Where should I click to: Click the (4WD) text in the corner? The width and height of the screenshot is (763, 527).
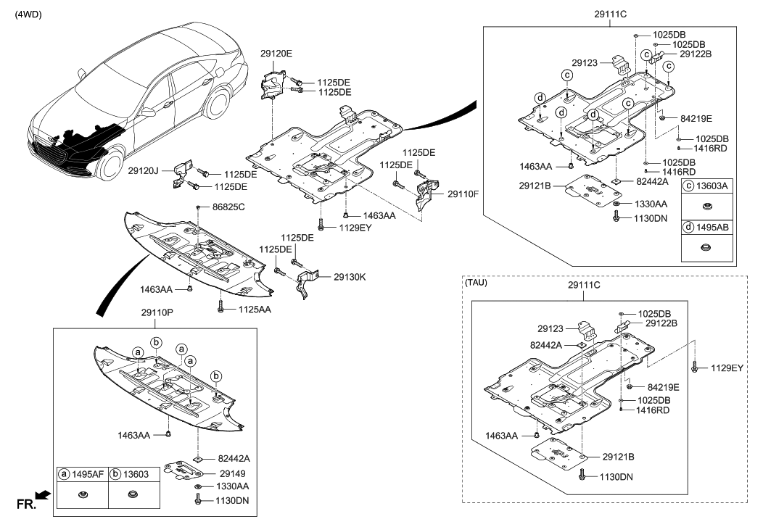click(x=28, y=14)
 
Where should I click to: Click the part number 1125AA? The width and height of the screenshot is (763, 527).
click(x=255, y=310)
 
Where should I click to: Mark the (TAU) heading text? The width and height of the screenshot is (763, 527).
click(x=476, y=283)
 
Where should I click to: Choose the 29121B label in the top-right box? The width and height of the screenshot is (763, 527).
click(x=536, y=186)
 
